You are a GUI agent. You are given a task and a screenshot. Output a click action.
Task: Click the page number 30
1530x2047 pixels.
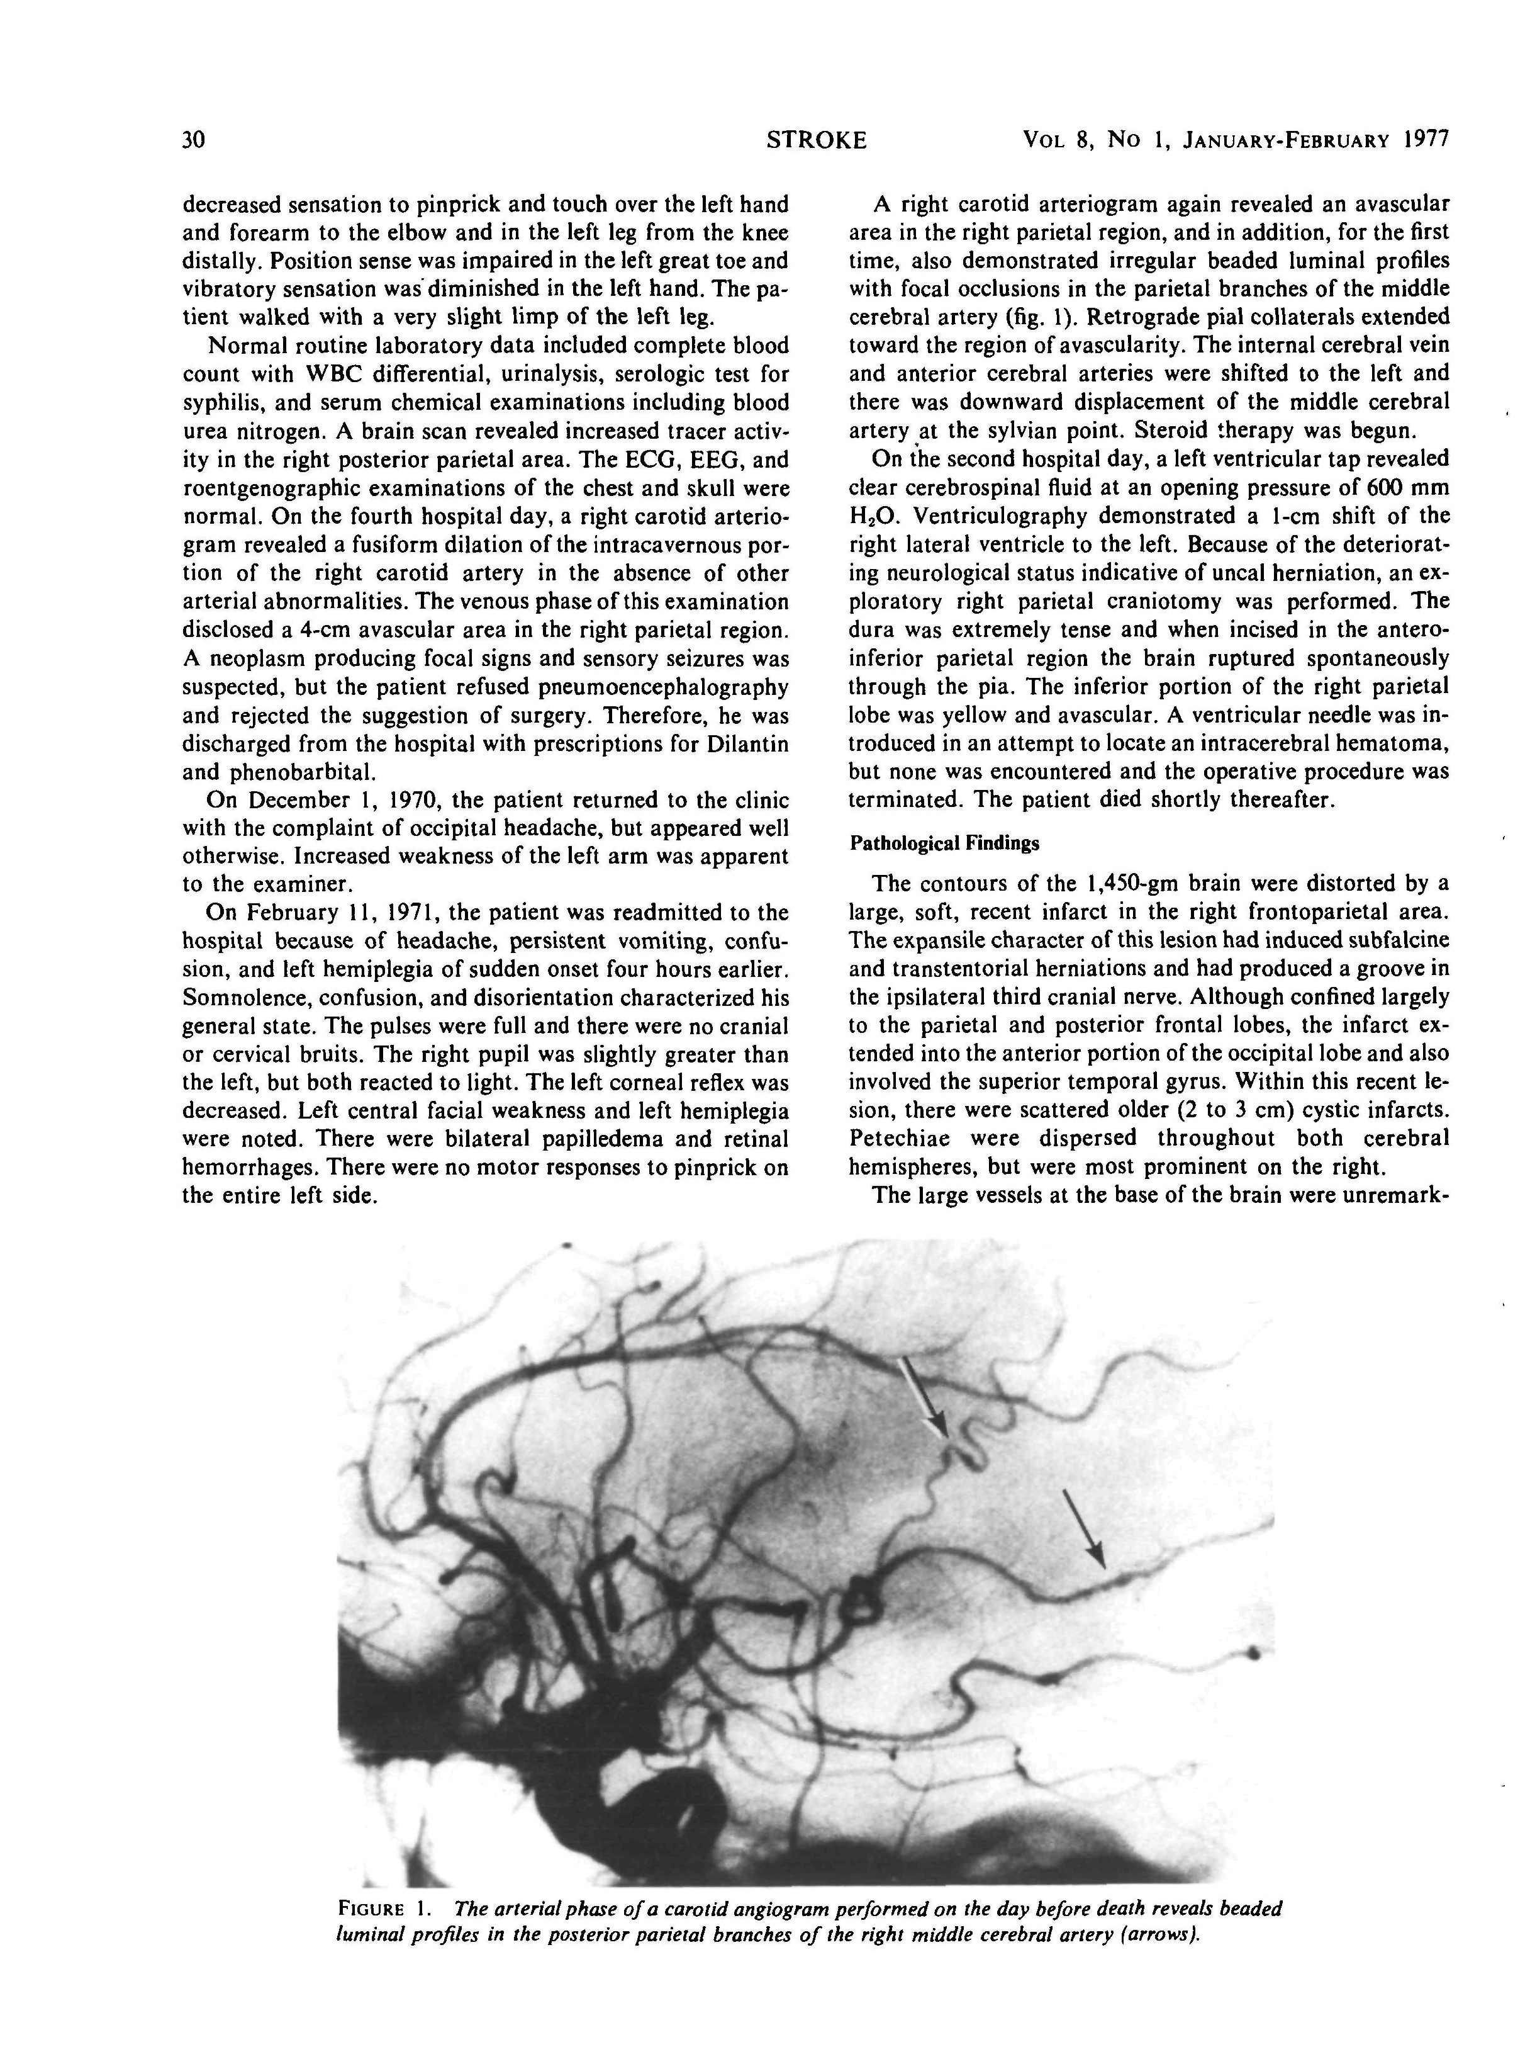coord(193,140)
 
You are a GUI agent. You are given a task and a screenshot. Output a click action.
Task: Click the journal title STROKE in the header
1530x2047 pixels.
coord(817,140)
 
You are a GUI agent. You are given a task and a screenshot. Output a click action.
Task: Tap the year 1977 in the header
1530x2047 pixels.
coord(1424,140)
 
